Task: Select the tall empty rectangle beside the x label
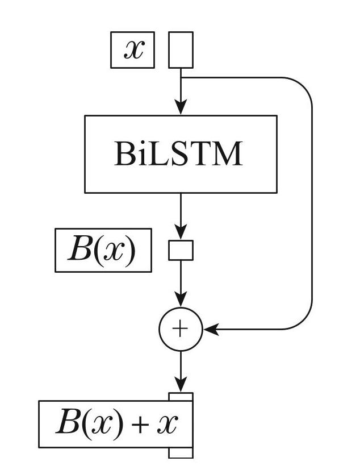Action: click(x=181, y=50)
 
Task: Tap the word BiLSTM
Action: click(x=178, y=153)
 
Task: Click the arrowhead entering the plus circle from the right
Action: click(x=210, y=329)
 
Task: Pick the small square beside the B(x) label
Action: click(x=181, y=250)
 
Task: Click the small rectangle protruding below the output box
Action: click(x=181, y=452)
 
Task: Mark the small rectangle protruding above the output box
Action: click(x=181, y=397)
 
